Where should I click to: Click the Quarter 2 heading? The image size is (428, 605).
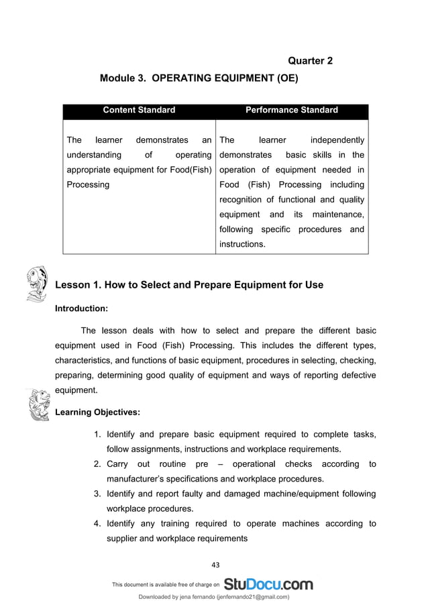pyautogui.click(x=310, y=61)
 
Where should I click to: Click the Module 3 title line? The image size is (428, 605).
pyautogui.click(x=199, y=78)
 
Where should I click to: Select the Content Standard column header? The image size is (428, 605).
pyautogui.click(x=139, y=110)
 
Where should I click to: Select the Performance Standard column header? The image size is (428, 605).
pyautogui.click(x=292, y=110)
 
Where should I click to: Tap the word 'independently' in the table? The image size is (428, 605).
pyautogui.click(x=337, y=140)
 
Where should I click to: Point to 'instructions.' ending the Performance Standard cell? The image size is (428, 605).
pyautogui.click(x=242, y=244)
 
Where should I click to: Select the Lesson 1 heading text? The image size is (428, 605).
pyautogui.click(x=189, y=285)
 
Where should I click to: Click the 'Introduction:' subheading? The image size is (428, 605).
pyautogui.click(x=81, y=309)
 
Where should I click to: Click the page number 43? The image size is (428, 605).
pyautogui.click(x=215, y=565)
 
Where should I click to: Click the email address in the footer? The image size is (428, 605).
pyautogui.click(x=250, y=596)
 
